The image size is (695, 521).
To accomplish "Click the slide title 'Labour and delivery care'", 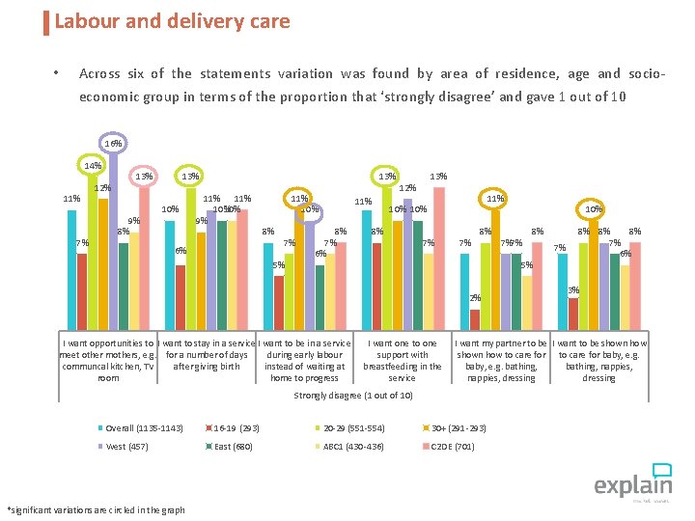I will point(172,20).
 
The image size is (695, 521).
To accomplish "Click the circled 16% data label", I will point(113,143).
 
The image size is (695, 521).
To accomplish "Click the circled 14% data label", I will point(93,166).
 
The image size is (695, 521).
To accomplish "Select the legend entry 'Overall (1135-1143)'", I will point(144,427).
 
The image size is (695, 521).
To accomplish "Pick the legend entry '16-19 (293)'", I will point(235,427).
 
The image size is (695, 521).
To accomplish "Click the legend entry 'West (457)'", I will point(126,447).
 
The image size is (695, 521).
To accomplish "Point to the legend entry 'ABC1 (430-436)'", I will point(353,447).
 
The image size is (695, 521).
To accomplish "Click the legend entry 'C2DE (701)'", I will point(451,447).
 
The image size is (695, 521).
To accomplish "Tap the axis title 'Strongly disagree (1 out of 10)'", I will point(353,396).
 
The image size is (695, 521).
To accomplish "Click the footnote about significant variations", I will point(96,509).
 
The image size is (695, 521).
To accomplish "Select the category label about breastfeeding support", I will point(402,360).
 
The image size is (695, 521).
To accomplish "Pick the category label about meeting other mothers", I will point(108,360).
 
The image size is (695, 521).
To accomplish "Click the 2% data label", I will point(475,298).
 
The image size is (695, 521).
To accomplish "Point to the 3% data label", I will point(573,290).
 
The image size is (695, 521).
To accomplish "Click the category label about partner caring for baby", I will point(501,360).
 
